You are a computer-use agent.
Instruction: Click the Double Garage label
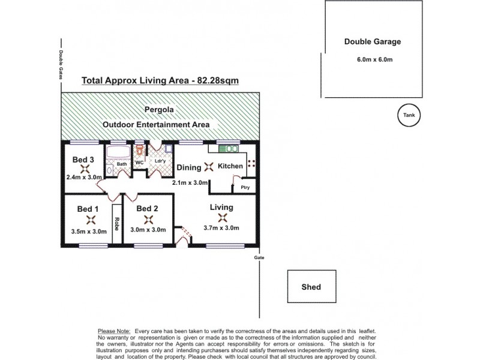[x=372, y=42]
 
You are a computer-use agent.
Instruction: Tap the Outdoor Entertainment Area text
[x=156, y=125]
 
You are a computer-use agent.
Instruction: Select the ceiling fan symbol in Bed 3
[x=85, y=169]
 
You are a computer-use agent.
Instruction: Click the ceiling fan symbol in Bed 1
[x=90, y=220]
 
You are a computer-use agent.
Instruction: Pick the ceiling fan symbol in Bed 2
[x=148, y=220]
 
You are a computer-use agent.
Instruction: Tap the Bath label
[x=122, y=164]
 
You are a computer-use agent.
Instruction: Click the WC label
[x=139, y=163]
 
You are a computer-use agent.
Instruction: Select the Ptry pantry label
[x=245, y=187]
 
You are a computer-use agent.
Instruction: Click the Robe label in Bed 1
[x=117, y=223]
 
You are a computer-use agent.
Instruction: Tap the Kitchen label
[x=230, y=166]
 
